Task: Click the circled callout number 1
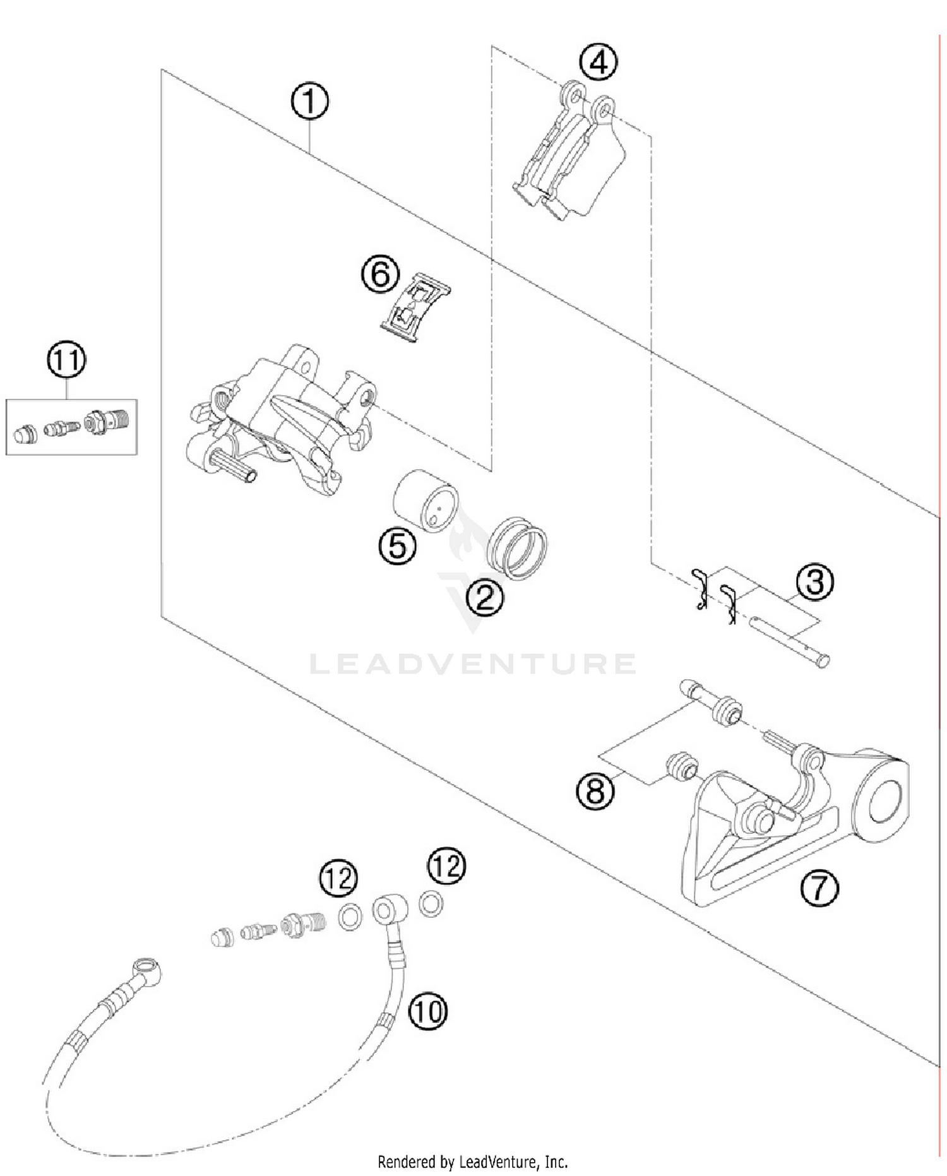(309, 102)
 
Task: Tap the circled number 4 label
(598, 62)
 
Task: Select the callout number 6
(380, 275)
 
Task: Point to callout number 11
(67, 360)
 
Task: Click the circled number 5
(397, 545)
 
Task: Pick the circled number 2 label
(485, 597)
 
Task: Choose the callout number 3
(814, 582)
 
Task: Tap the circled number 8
(595, 790)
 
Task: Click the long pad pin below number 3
(789, 641)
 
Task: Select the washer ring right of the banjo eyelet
(431, 903)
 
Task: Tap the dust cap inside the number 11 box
(25, 434)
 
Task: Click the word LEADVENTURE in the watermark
(472, 664)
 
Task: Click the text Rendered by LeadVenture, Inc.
(472, 1161)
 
